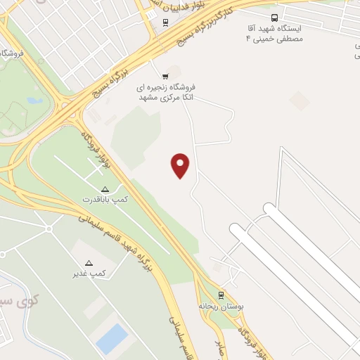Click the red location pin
click(x=181, y=165)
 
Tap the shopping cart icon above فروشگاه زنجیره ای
click(x=165, y=76)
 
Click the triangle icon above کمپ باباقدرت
click(x=105, y=190)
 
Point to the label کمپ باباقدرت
click(x=105, y=200)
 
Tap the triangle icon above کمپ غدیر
click(x=89, y=262)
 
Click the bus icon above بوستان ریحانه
click(x=221, y=295)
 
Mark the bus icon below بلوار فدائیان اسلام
click(x=165, y=22)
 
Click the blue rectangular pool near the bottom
click(x=112, y=338)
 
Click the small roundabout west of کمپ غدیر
click(x=49, y=229)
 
